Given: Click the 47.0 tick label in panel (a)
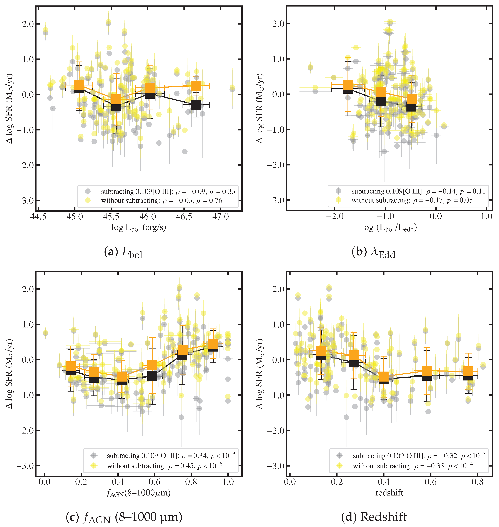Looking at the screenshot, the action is [x=221, y=217].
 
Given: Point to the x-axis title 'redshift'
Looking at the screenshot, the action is [x=389, y=493].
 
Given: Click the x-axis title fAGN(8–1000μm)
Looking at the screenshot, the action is [x=138, y=493].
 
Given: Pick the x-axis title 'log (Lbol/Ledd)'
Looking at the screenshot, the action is [x=389, y=228].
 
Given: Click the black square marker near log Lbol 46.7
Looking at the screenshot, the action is [x=196, y=105].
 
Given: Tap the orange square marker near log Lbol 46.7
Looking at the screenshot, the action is [x=196, y=86].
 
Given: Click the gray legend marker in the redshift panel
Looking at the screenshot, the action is [x=339, y=455].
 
